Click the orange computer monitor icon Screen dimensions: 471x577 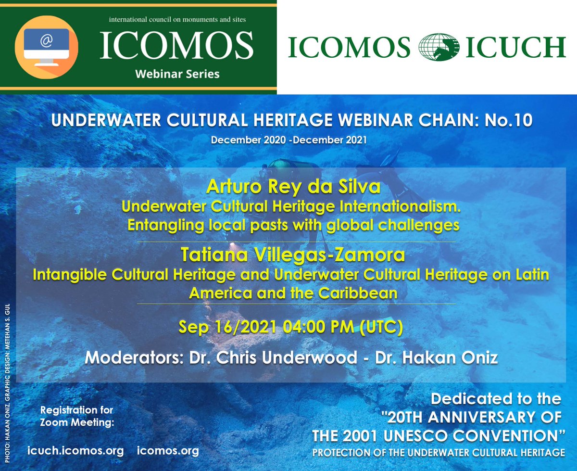(x=46, y=46)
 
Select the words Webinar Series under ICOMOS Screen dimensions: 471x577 (x=177, y=74)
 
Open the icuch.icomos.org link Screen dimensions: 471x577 (x=76, y=451)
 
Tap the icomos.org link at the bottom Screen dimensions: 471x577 (x=168, y=451)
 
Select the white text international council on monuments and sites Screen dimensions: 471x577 (x=177, y=20)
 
